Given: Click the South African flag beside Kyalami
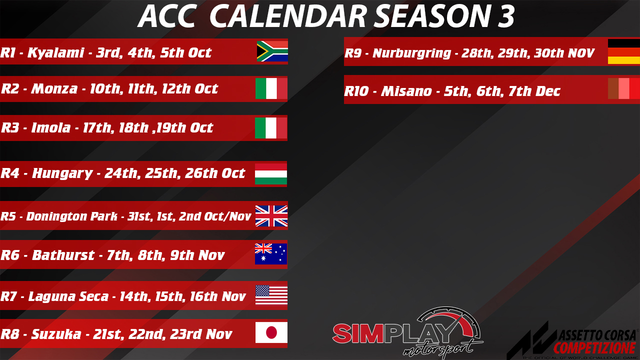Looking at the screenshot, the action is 272,51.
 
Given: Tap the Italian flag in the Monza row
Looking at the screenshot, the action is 271,88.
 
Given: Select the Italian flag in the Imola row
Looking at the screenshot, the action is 271,128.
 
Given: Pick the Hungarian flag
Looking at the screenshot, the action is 271,174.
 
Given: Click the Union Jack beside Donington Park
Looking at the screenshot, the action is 271,216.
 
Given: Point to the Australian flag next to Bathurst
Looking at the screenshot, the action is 271,254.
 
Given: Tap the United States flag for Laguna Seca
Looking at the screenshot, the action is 271,295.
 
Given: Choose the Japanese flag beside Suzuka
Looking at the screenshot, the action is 271,332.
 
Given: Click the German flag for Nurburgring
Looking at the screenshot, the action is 624,51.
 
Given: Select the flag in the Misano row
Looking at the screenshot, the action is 624,88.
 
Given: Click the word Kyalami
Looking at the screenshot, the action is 56,53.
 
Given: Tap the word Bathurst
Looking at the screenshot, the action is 63,255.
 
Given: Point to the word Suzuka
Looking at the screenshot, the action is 56,334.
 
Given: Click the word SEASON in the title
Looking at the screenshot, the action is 433,16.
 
